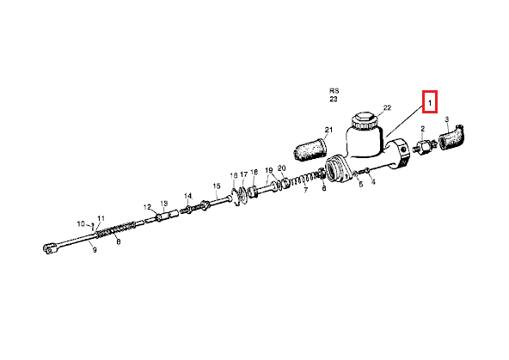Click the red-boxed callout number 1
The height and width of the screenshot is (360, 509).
click(430, 103)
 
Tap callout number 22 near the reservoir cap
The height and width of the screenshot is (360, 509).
click(387, 107)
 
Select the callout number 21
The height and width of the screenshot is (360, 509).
click(328, 130)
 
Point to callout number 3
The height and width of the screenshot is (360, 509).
click(447, 119)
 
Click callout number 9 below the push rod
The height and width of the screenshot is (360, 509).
click(95, 250)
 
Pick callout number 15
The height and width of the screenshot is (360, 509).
click(217, 186)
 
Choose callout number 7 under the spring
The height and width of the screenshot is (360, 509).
click(305, 191)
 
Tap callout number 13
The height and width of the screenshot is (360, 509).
click(164, 204)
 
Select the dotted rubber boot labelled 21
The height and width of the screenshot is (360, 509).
click(310, 149)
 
